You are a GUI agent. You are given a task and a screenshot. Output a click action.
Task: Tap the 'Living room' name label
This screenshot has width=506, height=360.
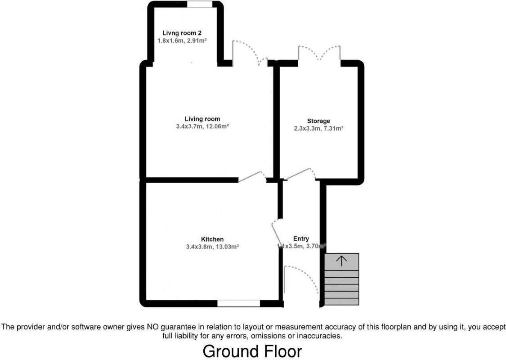202,119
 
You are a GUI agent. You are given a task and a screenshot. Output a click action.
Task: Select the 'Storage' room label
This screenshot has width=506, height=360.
318,121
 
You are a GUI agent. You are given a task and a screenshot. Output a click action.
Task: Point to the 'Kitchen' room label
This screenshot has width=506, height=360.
212,239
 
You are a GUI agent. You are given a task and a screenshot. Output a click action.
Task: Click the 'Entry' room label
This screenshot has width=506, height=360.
301,238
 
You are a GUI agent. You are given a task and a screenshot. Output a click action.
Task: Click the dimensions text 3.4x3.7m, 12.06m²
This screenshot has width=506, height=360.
202,127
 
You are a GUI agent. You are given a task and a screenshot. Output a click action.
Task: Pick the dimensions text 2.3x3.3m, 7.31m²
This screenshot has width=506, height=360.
318,128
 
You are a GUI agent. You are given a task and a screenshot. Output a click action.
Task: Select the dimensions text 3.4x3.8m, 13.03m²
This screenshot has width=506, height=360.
212,247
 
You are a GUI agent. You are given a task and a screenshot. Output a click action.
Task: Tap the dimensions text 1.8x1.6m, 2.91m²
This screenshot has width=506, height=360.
182,40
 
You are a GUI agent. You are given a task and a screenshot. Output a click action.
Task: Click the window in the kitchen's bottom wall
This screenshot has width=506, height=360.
238,304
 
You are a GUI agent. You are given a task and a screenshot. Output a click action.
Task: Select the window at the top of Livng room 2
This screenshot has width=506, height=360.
200,4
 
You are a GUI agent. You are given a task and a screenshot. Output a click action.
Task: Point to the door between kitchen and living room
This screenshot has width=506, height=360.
252,176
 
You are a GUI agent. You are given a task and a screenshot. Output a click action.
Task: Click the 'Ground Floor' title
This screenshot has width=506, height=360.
252,351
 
